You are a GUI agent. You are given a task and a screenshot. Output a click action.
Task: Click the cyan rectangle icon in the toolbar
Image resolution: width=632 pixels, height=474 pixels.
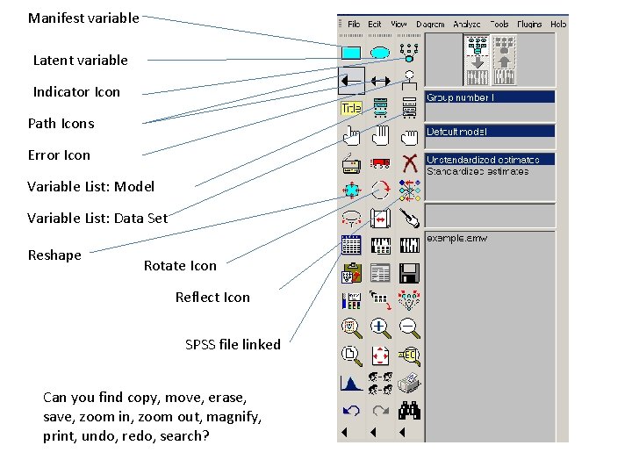351,53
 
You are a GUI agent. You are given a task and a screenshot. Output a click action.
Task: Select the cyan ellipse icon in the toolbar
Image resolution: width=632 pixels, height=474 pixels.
380,53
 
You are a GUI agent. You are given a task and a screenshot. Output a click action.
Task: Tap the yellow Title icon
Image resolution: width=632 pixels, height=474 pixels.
351,108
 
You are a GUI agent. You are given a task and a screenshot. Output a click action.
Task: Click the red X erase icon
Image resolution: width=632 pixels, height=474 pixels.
408,162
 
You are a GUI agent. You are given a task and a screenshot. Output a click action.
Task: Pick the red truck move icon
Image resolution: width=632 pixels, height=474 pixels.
380,162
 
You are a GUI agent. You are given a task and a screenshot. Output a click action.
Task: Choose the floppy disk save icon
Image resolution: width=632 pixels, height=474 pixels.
408,273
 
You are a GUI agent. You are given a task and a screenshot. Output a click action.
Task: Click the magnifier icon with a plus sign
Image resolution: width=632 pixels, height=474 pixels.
380,327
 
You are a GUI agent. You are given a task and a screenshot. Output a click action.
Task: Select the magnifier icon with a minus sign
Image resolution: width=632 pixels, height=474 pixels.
408,327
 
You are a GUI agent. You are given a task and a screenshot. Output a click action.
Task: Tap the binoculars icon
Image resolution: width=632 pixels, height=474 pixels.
408,410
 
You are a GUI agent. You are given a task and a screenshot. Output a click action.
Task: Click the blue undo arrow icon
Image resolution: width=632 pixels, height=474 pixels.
351,410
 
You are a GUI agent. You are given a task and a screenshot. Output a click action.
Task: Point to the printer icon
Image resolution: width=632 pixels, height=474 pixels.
408,383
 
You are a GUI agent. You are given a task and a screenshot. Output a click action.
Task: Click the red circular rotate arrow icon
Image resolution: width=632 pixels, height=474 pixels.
380,190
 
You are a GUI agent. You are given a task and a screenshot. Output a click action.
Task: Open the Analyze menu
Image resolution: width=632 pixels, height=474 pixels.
466,25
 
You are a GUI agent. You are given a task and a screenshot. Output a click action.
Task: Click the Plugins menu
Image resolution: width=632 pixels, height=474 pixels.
530,25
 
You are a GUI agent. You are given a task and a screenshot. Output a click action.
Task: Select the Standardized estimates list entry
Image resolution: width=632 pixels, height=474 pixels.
478,171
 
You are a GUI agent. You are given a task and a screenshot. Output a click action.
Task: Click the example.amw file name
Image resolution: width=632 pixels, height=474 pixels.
456,238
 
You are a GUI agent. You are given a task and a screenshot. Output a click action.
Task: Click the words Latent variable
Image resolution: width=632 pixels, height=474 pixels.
80,61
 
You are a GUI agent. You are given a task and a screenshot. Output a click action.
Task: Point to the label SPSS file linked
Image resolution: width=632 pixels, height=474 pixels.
233,345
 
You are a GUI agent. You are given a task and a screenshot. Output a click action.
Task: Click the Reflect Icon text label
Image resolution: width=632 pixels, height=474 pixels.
212,298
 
